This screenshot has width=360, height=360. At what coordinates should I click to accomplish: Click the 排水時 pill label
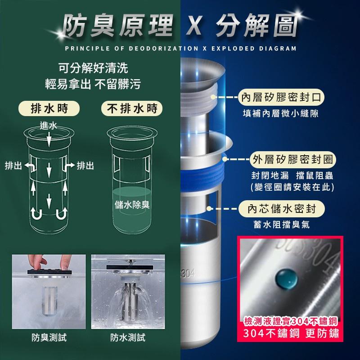(48, 108)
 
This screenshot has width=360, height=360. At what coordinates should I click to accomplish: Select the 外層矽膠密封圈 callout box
(293, 159)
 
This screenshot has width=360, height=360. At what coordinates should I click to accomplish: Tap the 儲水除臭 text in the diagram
(131, 205)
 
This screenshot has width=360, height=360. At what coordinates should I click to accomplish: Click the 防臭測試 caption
(49, 337)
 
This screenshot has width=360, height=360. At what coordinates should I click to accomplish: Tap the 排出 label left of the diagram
(13, 166)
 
